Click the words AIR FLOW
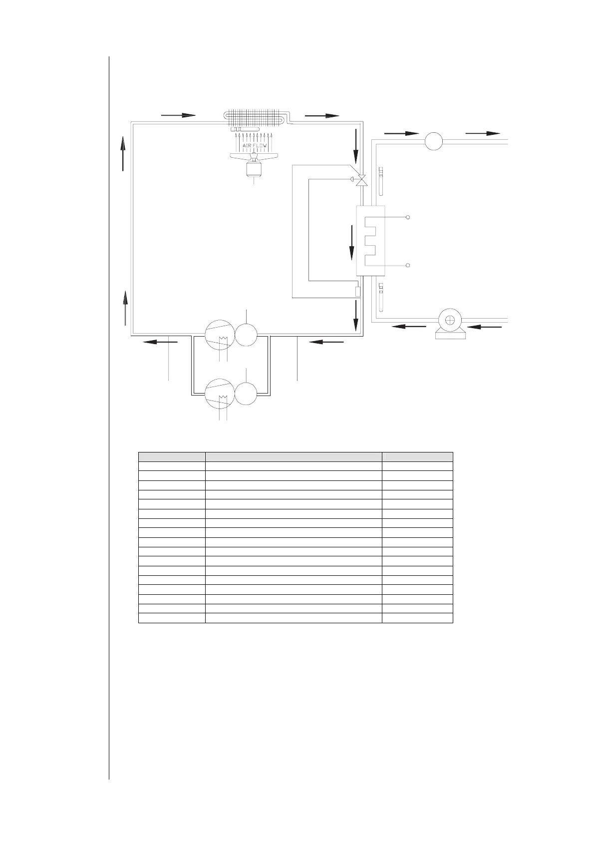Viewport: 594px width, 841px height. [x=255, y=145]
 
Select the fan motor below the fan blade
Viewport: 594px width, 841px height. [x=254, y=169]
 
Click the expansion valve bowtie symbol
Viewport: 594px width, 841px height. [x=362, y=179]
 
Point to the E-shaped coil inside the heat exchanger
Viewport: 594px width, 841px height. [x=370, y=241]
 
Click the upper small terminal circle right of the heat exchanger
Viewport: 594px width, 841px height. [x=408, y=217]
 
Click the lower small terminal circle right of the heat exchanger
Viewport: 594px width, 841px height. [x=408, y=266]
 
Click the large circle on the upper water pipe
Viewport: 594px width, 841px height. [x=434, y=141]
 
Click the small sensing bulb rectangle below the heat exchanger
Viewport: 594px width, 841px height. [x=358, y=292]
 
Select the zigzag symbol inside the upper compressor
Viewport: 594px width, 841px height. [x=224, y=340]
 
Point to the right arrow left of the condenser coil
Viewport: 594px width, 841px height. [x=178, y=115]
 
